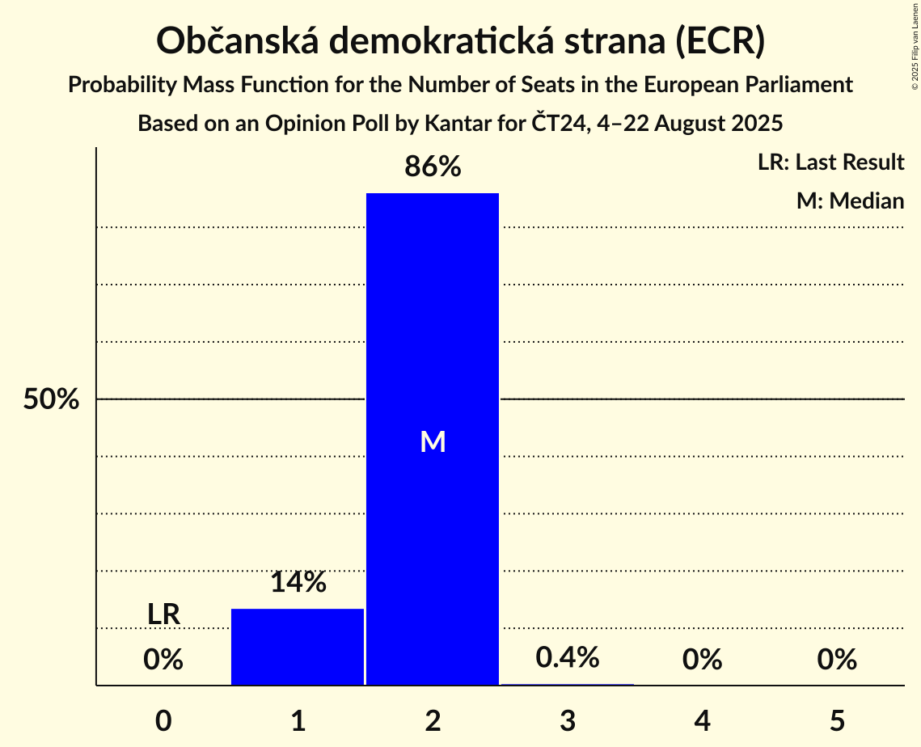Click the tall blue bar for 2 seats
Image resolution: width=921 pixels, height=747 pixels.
(x=433, y=323)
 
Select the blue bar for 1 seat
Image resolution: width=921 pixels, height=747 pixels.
(x=298, y=647)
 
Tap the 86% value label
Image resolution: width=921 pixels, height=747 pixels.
(x=433, y=167)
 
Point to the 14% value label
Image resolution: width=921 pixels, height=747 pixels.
(x=298, y=582)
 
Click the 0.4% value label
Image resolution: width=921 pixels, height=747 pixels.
(x=568, y=657)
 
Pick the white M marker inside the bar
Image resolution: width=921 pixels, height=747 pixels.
(x=433, y=441)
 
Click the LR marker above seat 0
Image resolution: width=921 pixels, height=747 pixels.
(x=163, y=614)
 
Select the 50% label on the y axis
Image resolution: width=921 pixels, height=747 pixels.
(x=51, y=399)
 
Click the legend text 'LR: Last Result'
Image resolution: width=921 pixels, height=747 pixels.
(x=830, y=162)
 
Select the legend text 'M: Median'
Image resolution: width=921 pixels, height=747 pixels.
(x=850, y=200)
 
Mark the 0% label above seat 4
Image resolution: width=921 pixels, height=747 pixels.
(x=702, y=660)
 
